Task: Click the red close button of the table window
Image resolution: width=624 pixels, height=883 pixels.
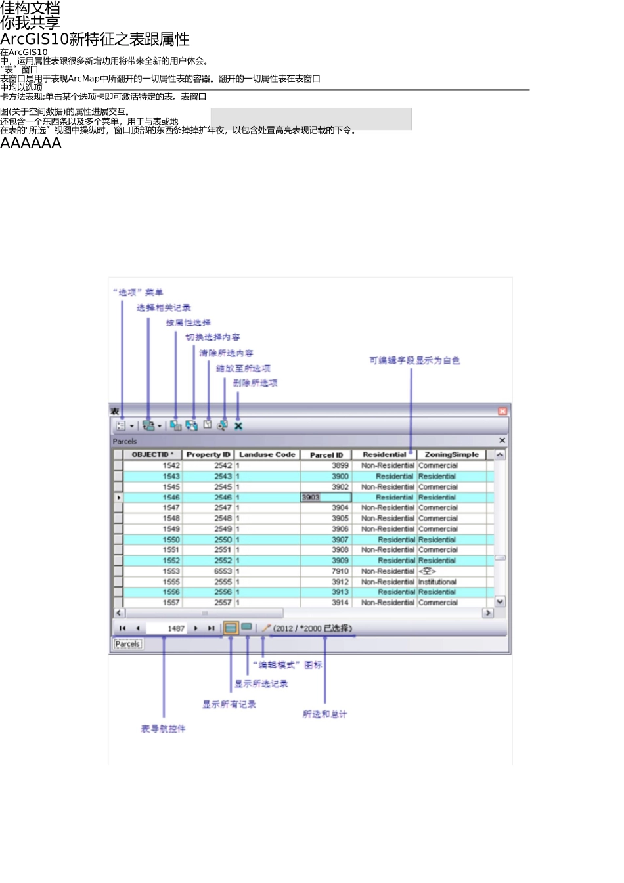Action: click(x=502, y=411)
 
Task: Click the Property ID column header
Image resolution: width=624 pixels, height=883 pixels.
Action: click(x=208, y=454)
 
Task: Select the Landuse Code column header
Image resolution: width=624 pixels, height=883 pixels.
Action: click(x=267, y=454)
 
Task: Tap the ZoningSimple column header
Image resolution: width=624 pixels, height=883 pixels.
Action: click(x=451, y=454)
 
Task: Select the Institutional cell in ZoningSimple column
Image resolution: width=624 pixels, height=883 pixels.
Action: click(x=437, y=582)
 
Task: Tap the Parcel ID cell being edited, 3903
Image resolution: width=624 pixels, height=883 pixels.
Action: click(x=326, y=498)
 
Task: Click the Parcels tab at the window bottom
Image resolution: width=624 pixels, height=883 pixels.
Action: click(x=127, y=644)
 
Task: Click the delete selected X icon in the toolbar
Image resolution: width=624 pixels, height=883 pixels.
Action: click(x=238, y=426)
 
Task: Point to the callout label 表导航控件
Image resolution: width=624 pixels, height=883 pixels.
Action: click(x=163, y=729)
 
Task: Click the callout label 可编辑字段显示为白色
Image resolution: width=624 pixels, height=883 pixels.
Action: click(x=414, y=360)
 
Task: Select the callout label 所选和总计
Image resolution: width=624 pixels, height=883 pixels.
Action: click(x=324, y=714)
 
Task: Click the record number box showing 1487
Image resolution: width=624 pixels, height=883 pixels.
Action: click(x=167, y=628)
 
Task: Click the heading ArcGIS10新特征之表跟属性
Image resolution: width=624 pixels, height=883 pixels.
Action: click(x=95, y=39)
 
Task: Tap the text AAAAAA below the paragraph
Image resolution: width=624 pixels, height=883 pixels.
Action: click(x=31, y=143)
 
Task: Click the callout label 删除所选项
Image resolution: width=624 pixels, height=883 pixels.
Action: click(x=255, y=383)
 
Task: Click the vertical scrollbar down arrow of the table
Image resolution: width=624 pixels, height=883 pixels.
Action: click(x=500, y=601)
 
